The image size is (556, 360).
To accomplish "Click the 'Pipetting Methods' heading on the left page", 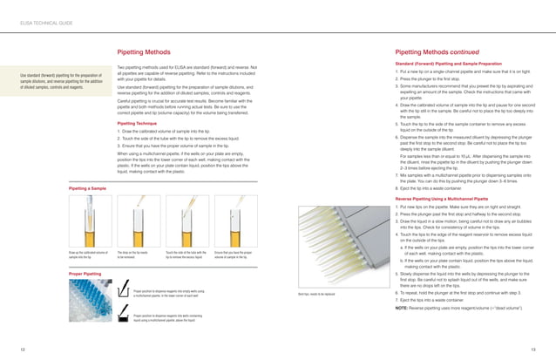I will click(144, 52).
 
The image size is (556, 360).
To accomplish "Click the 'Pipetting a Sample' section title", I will click(88, 187).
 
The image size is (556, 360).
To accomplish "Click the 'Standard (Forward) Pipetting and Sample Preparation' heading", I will click(448, 64).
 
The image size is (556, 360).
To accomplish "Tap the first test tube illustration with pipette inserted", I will click(89, 218).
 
